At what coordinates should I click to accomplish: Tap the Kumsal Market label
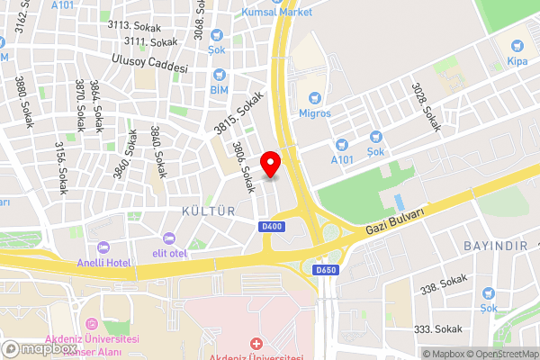(x=277, y=12)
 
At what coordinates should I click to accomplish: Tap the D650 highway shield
(x=326, y=269)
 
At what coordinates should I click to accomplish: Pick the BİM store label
(x=219, y=91)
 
